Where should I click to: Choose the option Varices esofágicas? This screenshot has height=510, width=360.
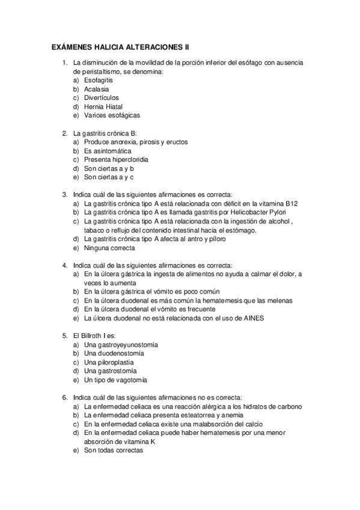(112, 115)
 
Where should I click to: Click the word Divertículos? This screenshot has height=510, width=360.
(102, 97)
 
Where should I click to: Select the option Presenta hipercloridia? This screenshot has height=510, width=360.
(116, 160)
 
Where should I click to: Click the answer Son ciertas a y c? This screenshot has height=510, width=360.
(109, 177)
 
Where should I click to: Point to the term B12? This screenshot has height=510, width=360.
(291, 204)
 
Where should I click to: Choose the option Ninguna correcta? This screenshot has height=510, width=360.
(109, 248)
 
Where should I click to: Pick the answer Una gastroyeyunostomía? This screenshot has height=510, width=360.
(121, 345)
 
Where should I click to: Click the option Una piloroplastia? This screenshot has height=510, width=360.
(109, 363)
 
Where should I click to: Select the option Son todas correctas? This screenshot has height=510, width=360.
(114, 450)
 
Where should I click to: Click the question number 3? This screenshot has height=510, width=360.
(65, 195)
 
